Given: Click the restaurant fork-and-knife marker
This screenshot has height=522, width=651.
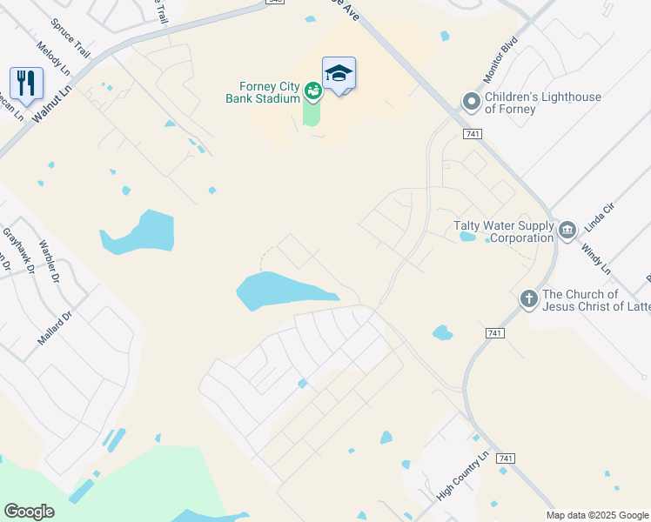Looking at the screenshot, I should [26, 84].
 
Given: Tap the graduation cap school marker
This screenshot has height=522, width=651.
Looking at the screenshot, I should [339, 74].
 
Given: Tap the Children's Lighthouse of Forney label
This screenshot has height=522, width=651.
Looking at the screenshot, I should [543, 103].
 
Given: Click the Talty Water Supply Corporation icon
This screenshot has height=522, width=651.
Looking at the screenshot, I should [567, 231].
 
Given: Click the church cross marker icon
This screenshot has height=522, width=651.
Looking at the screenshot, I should [528, 299].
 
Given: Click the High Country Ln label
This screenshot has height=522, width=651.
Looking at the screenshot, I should [464, 477].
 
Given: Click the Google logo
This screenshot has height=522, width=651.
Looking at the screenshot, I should [30, 512].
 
